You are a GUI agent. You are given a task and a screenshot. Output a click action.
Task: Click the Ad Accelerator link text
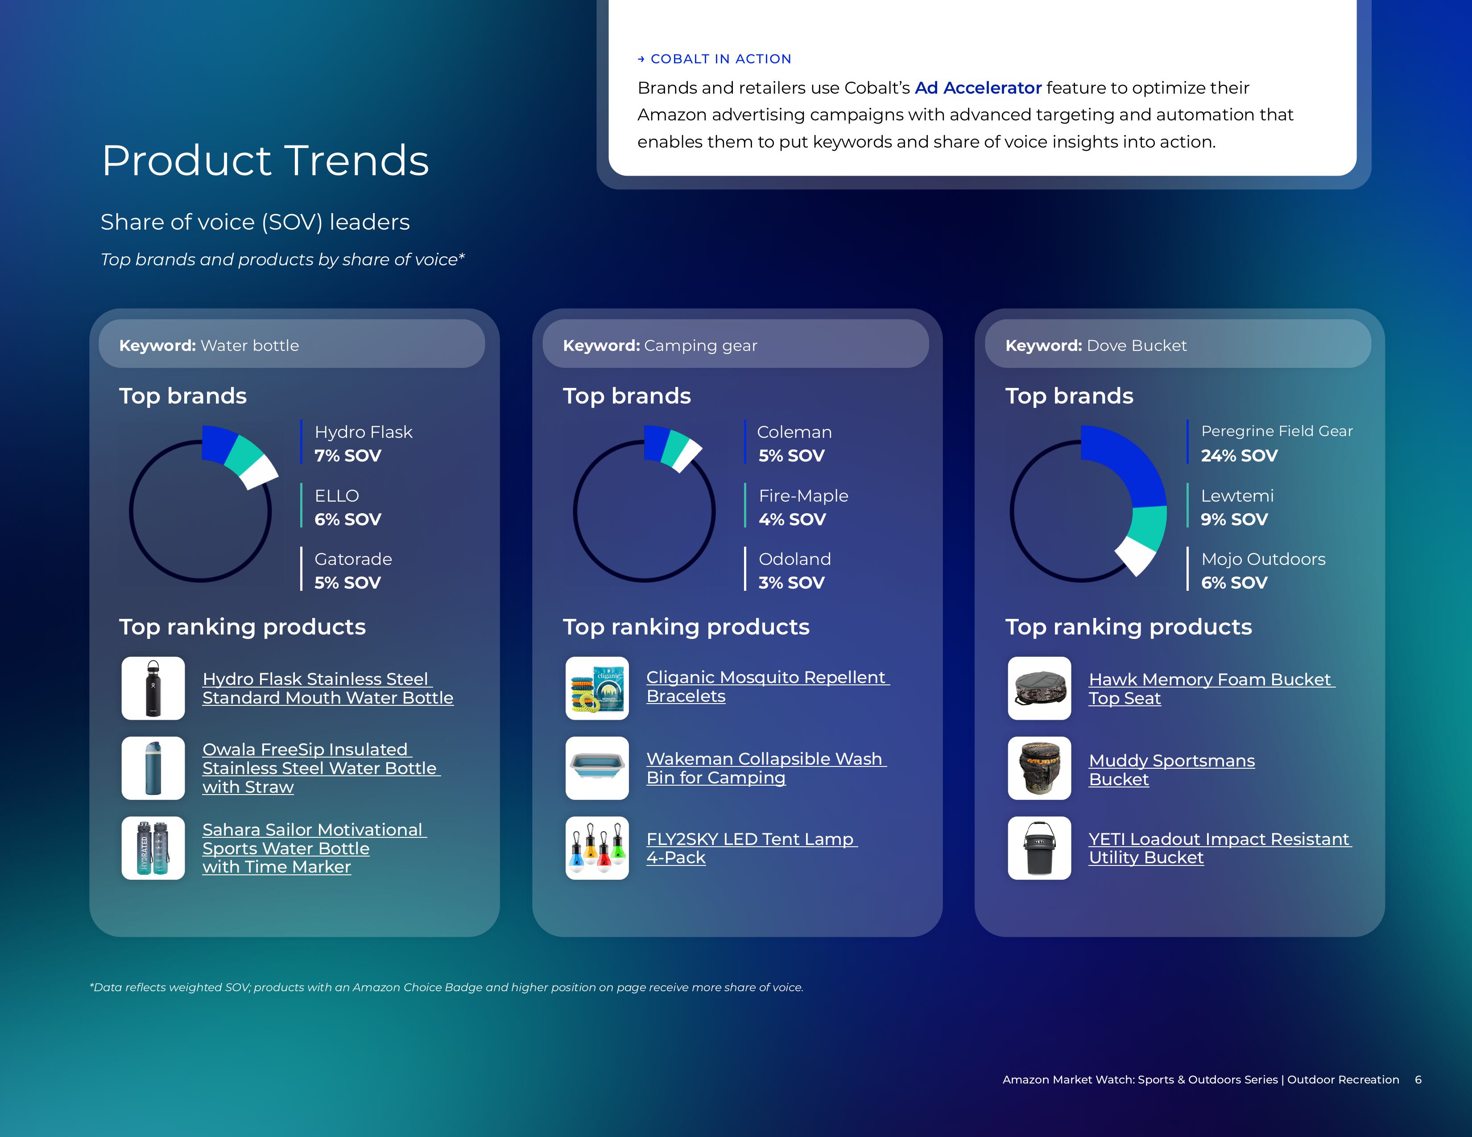pyautogui.click(x=978, y=88)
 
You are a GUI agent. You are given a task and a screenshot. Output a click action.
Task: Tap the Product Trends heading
pyautogui.click(x=265, y=161)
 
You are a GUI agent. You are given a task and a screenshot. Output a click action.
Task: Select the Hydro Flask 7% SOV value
pyautogui.click(x=348, y=456)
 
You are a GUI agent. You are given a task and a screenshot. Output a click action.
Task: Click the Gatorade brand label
pyautogui.click(x=353, y=559)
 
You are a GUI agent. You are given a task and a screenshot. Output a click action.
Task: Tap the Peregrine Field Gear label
pyautogui.click(x=1277, y=431)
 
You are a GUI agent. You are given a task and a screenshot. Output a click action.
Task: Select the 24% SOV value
pyautogui.click(x=1239, y=456)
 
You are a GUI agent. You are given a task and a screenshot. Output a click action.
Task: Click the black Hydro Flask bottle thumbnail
pyautogui.click(x=153, y=688)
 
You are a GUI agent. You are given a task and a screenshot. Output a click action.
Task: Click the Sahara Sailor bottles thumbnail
pyautogui.click(x=153, y=848)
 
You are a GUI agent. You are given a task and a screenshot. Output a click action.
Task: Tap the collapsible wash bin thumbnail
pyautogui.click(x=597, y=768)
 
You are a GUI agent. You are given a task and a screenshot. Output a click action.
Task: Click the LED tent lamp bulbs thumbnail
pyautogui.click(x=597, y=848)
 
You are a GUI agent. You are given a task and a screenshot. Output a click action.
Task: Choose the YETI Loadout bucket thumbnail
pyautogui.click(x=1039, y=848)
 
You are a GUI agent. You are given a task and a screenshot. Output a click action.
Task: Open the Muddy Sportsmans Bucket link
pyautogui.click(x=1171, y=770)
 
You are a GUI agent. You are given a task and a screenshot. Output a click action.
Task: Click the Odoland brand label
pyautogui.click(x=794, y=559)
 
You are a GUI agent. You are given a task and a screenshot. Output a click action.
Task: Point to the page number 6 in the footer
pyautogui.click(x=1418, y=1080)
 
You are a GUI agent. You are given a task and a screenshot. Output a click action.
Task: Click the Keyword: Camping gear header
pyautogui.click(x=660, y=346)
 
